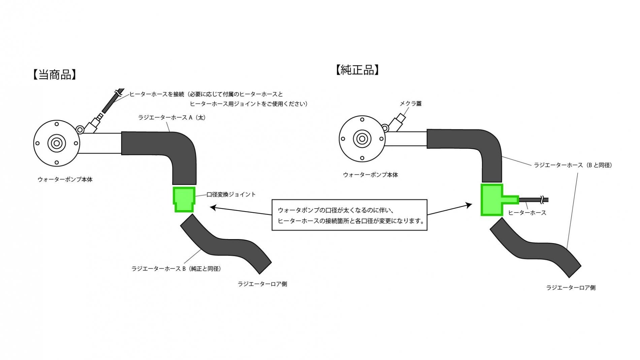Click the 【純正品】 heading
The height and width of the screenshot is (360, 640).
coord(357,70)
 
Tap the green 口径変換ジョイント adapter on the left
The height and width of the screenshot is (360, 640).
coord(184,199)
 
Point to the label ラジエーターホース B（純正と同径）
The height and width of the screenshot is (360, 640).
coord(176,269)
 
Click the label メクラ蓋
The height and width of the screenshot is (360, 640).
coord(411,104)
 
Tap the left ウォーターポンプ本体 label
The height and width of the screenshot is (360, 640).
coord(65,179)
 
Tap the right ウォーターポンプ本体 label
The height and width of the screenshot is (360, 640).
coord(371,175)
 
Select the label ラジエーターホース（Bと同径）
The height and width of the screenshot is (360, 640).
coord(573,165)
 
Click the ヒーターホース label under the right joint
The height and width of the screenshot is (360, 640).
coord(527,212)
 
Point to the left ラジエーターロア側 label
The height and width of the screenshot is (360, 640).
coord(262,284)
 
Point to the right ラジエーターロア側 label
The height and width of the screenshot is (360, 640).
coord(571,288)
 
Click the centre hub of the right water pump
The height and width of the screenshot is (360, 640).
coord(362,138)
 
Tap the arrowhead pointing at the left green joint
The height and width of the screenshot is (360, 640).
coord(212,207)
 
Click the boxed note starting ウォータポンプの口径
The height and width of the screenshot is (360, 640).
coord(349,215)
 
